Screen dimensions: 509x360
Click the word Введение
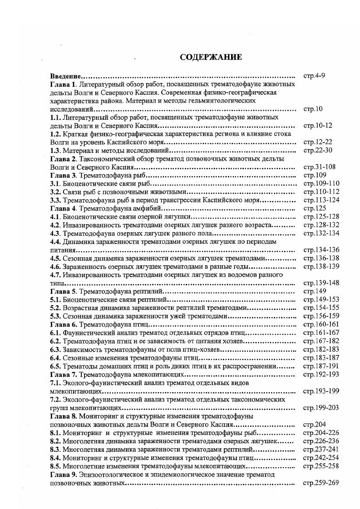click(65, 76)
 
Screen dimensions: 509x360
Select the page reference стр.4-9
click(314, 76)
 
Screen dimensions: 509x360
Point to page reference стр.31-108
click(319, 166)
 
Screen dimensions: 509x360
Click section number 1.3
click(55, 150)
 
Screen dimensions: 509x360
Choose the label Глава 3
click(64, 175)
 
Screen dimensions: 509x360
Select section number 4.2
click(55, 225)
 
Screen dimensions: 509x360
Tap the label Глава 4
click(64, 208)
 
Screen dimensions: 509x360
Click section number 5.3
click(55, 316)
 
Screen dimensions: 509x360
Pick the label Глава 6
click(64, 324)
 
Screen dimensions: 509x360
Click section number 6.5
click(55, 366)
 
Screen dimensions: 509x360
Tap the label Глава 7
click(64, 374)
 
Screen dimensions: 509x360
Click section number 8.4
click(55, 458)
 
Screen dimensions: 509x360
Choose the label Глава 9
click(64, 474)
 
